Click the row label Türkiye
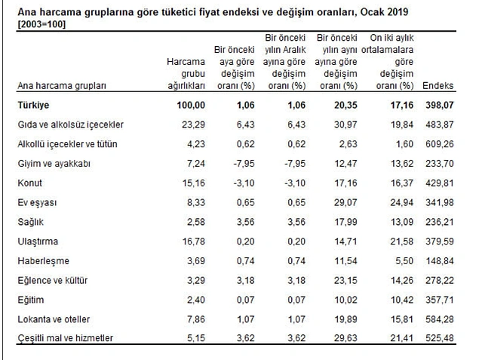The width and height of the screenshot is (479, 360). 33,105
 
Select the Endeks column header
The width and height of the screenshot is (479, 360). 438,85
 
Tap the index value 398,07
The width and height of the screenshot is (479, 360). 440,105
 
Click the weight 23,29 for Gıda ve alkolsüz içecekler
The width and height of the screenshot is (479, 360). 193,125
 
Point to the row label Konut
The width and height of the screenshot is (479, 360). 29,183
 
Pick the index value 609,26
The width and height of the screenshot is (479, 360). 440,144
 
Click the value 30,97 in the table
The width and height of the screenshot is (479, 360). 345,125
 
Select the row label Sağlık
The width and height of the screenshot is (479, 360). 30,222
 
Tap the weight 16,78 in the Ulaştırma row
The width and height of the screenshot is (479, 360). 194,242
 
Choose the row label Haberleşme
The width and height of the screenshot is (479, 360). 44,261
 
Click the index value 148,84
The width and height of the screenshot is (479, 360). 440,261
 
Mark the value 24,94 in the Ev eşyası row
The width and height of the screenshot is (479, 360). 402,202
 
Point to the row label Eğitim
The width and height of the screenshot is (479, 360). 30,300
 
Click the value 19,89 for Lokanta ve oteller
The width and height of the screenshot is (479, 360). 345,319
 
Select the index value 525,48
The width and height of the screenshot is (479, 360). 440,338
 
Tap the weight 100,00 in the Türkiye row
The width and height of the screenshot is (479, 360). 191,105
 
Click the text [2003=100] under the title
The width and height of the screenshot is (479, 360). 41,24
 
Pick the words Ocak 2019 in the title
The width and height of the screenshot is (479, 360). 384,12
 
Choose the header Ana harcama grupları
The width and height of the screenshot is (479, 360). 62,86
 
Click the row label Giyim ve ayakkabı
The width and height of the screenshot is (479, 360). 54,164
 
